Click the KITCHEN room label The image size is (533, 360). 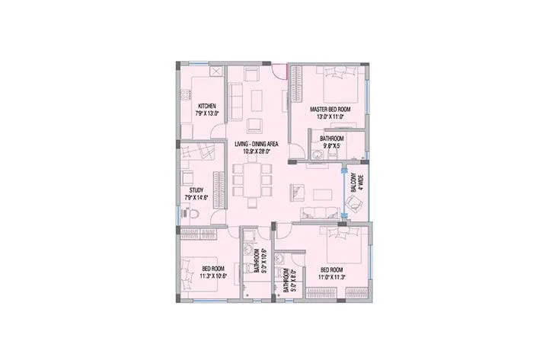206,105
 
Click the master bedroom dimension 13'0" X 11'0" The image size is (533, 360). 328,118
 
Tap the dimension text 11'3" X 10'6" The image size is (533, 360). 212,275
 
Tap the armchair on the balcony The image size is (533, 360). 355,202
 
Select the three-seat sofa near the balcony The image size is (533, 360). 317,212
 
